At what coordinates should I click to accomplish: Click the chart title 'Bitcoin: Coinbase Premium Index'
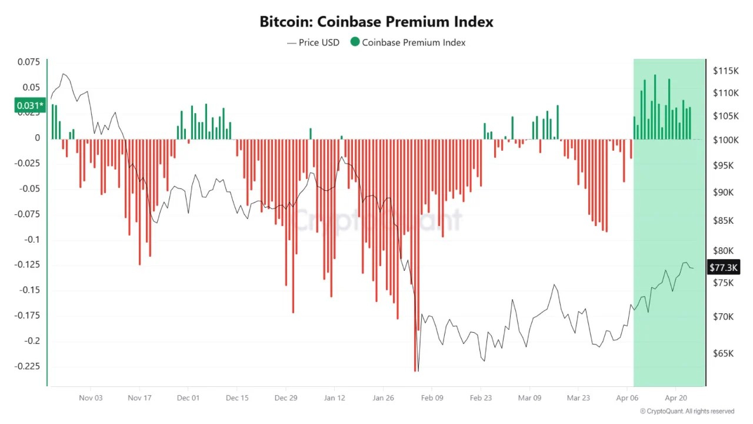(x=376, y=22)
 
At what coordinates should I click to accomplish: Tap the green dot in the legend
(x=355, y=42)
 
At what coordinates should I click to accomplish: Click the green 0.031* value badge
(x=29, y=105)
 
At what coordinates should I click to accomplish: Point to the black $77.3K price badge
(x=723, y=267)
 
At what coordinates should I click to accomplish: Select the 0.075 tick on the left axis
(x=29, y=62)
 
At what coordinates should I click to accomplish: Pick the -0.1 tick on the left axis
(x=33, y=240)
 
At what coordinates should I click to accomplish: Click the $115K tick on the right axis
(x=725, y=71)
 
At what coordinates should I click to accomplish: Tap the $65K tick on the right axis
(x=724, y=353)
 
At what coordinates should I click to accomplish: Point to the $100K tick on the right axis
(x=725, y=140)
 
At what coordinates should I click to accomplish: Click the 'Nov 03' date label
(x=91, y=397)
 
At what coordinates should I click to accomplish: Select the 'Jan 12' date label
(x=334, y=397)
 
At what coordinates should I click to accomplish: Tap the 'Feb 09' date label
(x=432, y=397)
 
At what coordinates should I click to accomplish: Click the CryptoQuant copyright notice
(x=687, y=411)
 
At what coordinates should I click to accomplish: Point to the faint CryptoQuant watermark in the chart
(x=376, y=220)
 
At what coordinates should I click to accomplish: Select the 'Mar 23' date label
(x=578, y=397)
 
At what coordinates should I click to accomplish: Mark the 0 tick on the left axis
(x=38, y=138)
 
